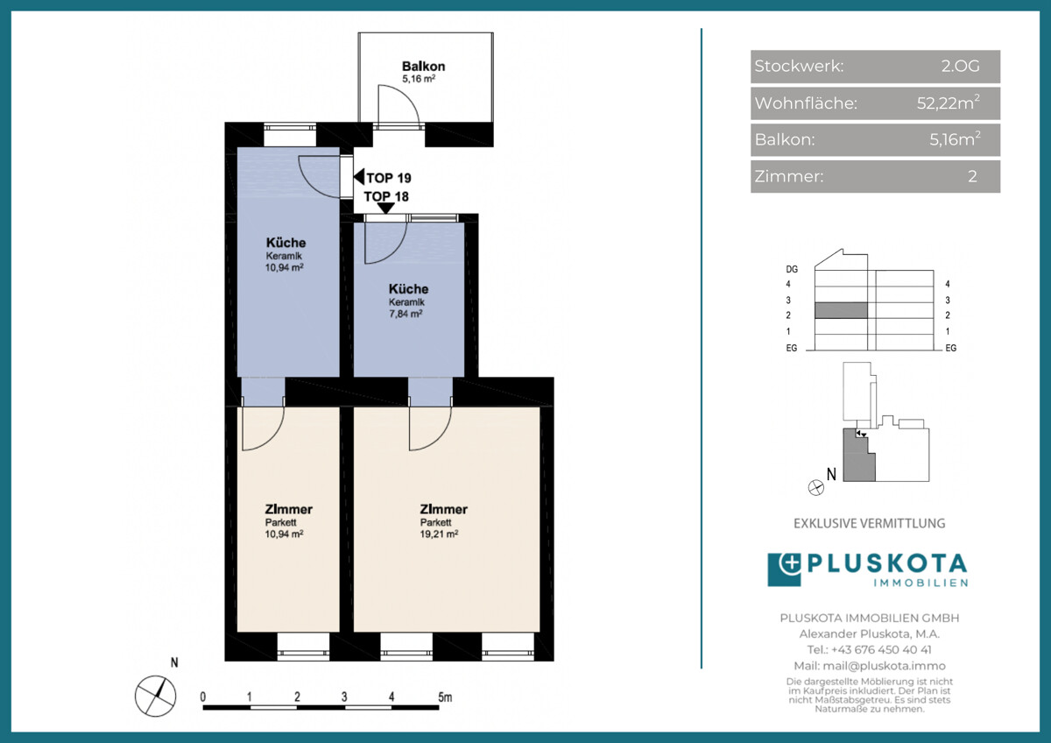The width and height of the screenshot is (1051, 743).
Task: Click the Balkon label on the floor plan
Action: click(x=423, y=67)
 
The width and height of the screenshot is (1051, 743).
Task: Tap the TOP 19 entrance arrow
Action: click(x=359, y=177)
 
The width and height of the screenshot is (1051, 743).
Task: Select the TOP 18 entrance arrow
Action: click(x=386, y=209)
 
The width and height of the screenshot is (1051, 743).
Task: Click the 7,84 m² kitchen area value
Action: click(x=406, y=314)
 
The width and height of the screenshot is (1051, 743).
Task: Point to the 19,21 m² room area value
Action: click(x=439, y=534)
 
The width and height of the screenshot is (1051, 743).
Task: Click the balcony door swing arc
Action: click(x=407, y=96)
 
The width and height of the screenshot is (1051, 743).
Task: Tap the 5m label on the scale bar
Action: click(x=445, y=697)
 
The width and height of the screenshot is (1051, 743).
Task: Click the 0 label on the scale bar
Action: click(x=202, y=697)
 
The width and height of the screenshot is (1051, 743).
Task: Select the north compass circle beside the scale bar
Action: click(x=155, y=696)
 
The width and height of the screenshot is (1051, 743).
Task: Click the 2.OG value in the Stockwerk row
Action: click(x=960, y=67)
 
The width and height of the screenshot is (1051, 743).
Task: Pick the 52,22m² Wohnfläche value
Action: click(x=949, y=103)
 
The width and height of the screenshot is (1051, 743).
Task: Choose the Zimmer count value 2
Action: click(x=972, y=176)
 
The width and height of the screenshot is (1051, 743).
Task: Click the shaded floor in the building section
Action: click(x=841, y=310)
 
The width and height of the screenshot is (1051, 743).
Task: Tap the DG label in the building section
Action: click(x=792, y=269)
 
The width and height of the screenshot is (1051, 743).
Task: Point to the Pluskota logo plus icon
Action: click(x=790, y=563)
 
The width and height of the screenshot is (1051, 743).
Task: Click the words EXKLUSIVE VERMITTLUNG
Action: click(x=870, y=523)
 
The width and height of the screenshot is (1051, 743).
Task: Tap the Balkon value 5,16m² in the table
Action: click(x=955, y=139)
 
